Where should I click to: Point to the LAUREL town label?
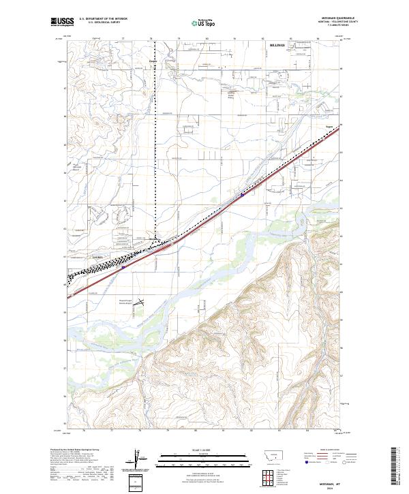pyautogui.click(x=96, y=257)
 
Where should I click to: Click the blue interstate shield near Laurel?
pyautogui.click(x=123, y=267)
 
